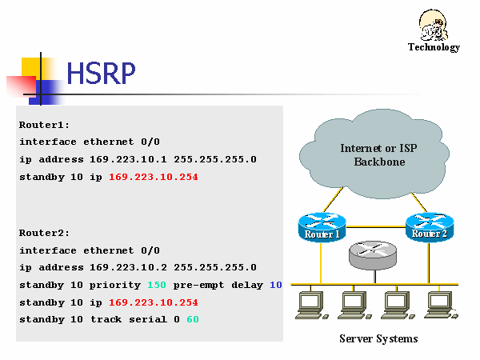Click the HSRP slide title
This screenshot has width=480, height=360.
coord(101,74)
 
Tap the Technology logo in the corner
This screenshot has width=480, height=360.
coord(434,30)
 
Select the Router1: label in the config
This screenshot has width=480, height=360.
coord(45,125)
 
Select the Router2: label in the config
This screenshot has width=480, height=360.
coord(45,233)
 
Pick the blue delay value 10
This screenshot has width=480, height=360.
coord(276,285)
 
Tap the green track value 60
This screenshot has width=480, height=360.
coord(193,320)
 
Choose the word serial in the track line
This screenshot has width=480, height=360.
coord(149,320)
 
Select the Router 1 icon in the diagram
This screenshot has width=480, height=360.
coord(322,226)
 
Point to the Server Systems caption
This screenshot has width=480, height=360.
coord(378,338)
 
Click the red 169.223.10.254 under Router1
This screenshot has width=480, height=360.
coord(153,177)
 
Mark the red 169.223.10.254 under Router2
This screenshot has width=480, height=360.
coord(153,302)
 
